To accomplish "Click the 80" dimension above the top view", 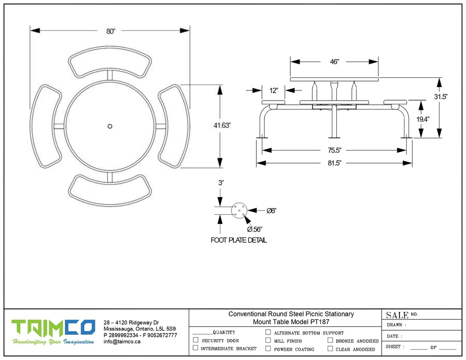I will pyautogui.click(x=110, y=31).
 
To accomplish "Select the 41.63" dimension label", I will pyautogui.click(x=222, y=125).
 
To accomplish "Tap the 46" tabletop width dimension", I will pyautogui.click(x=335, y=61).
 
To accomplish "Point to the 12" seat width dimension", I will pyautogui.click(x=274, y=90).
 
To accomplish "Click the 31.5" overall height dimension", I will pyautogui.click(x=441, y=97).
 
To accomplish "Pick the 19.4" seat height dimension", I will pyautogui.click(x=423, y=119).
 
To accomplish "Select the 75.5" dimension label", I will pyautogui.click(x=335, y=150).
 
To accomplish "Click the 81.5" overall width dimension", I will pyautogui.click(x=335, y=163).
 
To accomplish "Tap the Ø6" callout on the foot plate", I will pyautogui.click(x=272, y=211).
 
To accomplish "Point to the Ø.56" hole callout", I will pyautogui.click(x=254, y=229).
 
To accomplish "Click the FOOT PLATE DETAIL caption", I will pyautogui.click(x=239, y=240).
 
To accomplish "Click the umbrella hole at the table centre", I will pyautogui.click(x=110, y=126).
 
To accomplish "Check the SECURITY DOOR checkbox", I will pyautogui.click(x=196, y=340).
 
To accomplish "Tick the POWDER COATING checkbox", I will pyautogui.click(x=268, y=348).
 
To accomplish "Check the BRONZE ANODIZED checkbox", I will pyautogui.click(x=330, y=340).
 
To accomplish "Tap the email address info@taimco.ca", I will pyautogui.click(x=122, y=341).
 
